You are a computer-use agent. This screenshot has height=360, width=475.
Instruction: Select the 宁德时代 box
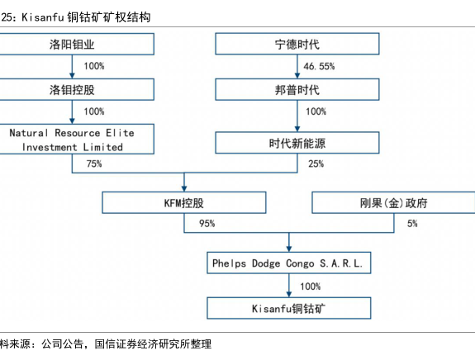(297, 44)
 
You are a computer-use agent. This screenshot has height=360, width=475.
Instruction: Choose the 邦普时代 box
(297, 90)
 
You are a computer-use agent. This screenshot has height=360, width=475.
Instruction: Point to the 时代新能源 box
(297, 143)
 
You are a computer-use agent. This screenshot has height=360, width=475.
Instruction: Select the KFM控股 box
(184, 202)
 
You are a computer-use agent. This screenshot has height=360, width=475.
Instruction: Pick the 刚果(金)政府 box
(393, 202)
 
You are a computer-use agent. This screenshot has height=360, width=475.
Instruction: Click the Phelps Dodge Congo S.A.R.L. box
(289, 263)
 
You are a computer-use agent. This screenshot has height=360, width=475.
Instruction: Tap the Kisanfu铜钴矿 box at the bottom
(289, 308)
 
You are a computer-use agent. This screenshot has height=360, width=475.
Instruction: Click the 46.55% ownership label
(319, 66)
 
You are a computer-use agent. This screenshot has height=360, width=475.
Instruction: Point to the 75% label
(94, 163)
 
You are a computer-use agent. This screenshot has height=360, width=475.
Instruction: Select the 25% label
(316, 163)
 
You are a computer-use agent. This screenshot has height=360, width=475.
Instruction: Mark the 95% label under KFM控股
(207, 224)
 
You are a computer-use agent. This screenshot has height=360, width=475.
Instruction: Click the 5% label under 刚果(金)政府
(412, 224)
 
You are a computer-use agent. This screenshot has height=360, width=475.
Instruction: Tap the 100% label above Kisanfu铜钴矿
(311, 287)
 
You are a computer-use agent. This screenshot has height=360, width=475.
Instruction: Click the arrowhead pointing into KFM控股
(184, 188)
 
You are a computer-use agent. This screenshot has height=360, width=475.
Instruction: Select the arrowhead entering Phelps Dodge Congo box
(289, 249)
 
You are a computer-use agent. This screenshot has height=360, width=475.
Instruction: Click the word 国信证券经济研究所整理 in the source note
(153, 344)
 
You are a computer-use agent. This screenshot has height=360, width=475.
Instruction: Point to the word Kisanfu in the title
(43, 17)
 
